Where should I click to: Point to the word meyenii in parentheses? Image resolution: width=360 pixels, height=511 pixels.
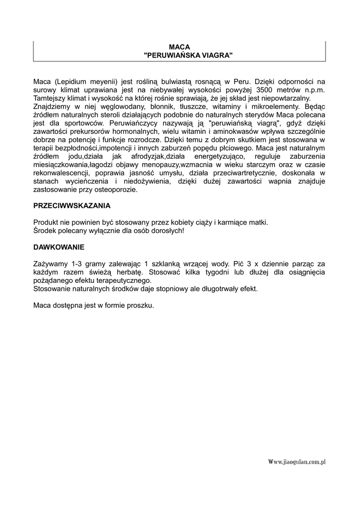[102, 81]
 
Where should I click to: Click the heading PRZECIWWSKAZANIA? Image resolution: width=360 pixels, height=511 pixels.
[72, 206]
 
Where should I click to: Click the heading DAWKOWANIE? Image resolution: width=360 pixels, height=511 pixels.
[59, 247]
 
